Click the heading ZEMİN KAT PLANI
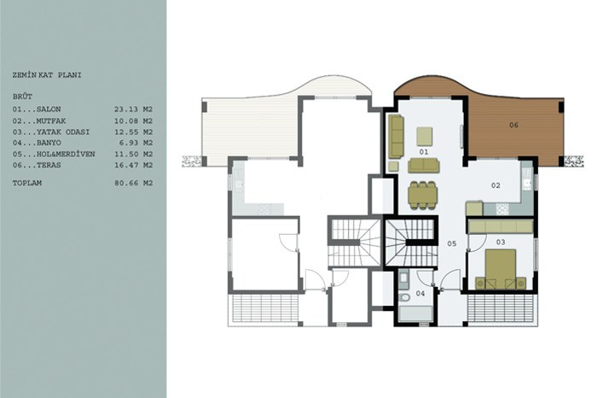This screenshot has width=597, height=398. click(47, 75)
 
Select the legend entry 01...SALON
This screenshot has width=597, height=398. click(37, 109)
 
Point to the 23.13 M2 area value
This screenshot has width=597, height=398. click(133, 109)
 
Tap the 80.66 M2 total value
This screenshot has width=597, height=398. click(133, 184)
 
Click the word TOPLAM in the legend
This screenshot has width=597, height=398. click(27, 184)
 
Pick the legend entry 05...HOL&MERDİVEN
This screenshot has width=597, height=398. click(54, 155)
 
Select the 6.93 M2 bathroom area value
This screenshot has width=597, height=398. click(136, 143)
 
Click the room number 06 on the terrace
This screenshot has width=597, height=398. click(513, 125)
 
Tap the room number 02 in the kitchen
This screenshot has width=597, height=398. click(496, 185)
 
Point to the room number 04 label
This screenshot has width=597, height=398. click(420, 294)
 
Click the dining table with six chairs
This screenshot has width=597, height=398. click(423, 196)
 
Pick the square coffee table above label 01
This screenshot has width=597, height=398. click(424, 137)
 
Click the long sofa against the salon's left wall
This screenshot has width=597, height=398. click(396, 137)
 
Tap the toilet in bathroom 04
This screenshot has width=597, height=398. click(404, 297)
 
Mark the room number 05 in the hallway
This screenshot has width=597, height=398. click(451, 243)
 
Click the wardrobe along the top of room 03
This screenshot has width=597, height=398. click(501, 226)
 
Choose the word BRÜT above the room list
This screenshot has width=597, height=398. click(22, 97)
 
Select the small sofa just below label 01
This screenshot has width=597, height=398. click(423, 166)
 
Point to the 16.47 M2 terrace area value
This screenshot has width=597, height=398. click(133, 166)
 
